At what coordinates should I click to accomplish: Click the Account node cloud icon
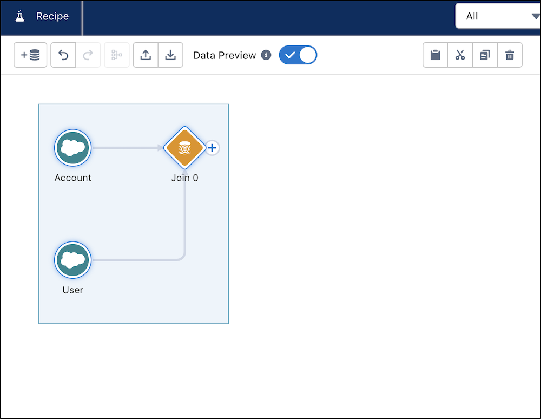(x=73, y=148)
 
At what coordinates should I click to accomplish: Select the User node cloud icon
(x=73, y=260)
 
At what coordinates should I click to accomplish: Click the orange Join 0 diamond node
(x=184, y=148)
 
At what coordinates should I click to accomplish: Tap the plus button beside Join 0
(x=212, y=148)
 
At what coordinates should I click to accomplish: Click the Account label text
(x=73, y=178)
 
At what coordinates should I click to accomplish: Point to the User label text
(x=73, y=290)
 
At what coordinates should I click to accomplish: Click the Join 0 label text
(x=184, y=178)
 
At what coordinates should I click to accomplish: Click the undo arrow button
(x=63, y=55)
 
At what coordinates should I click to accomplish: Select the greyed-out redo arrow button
(x=88, y=55)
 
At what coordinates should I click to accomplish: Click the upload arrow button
(x=146, y=55)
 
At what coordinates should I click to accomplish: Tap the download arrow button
(x=170, y=55)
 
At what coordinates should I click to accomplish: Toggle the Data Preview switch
(x=298, y=55)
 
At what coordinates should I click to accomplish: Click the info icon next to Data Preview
(x=266, y=55)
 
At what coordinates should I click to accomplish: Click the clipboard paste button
(x=436, y=55)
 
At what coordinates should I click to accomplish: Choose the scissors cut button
(x=460, y=55)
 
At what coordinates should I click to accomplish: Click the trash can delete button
(x=510, y=55)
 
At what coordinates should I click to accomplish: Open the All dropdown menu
(x=498, y=16)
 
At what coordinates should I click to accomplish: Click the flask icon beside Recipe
(x=20, y=16)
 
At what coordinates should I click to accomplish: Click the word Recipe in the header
(x=52, y=16)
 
